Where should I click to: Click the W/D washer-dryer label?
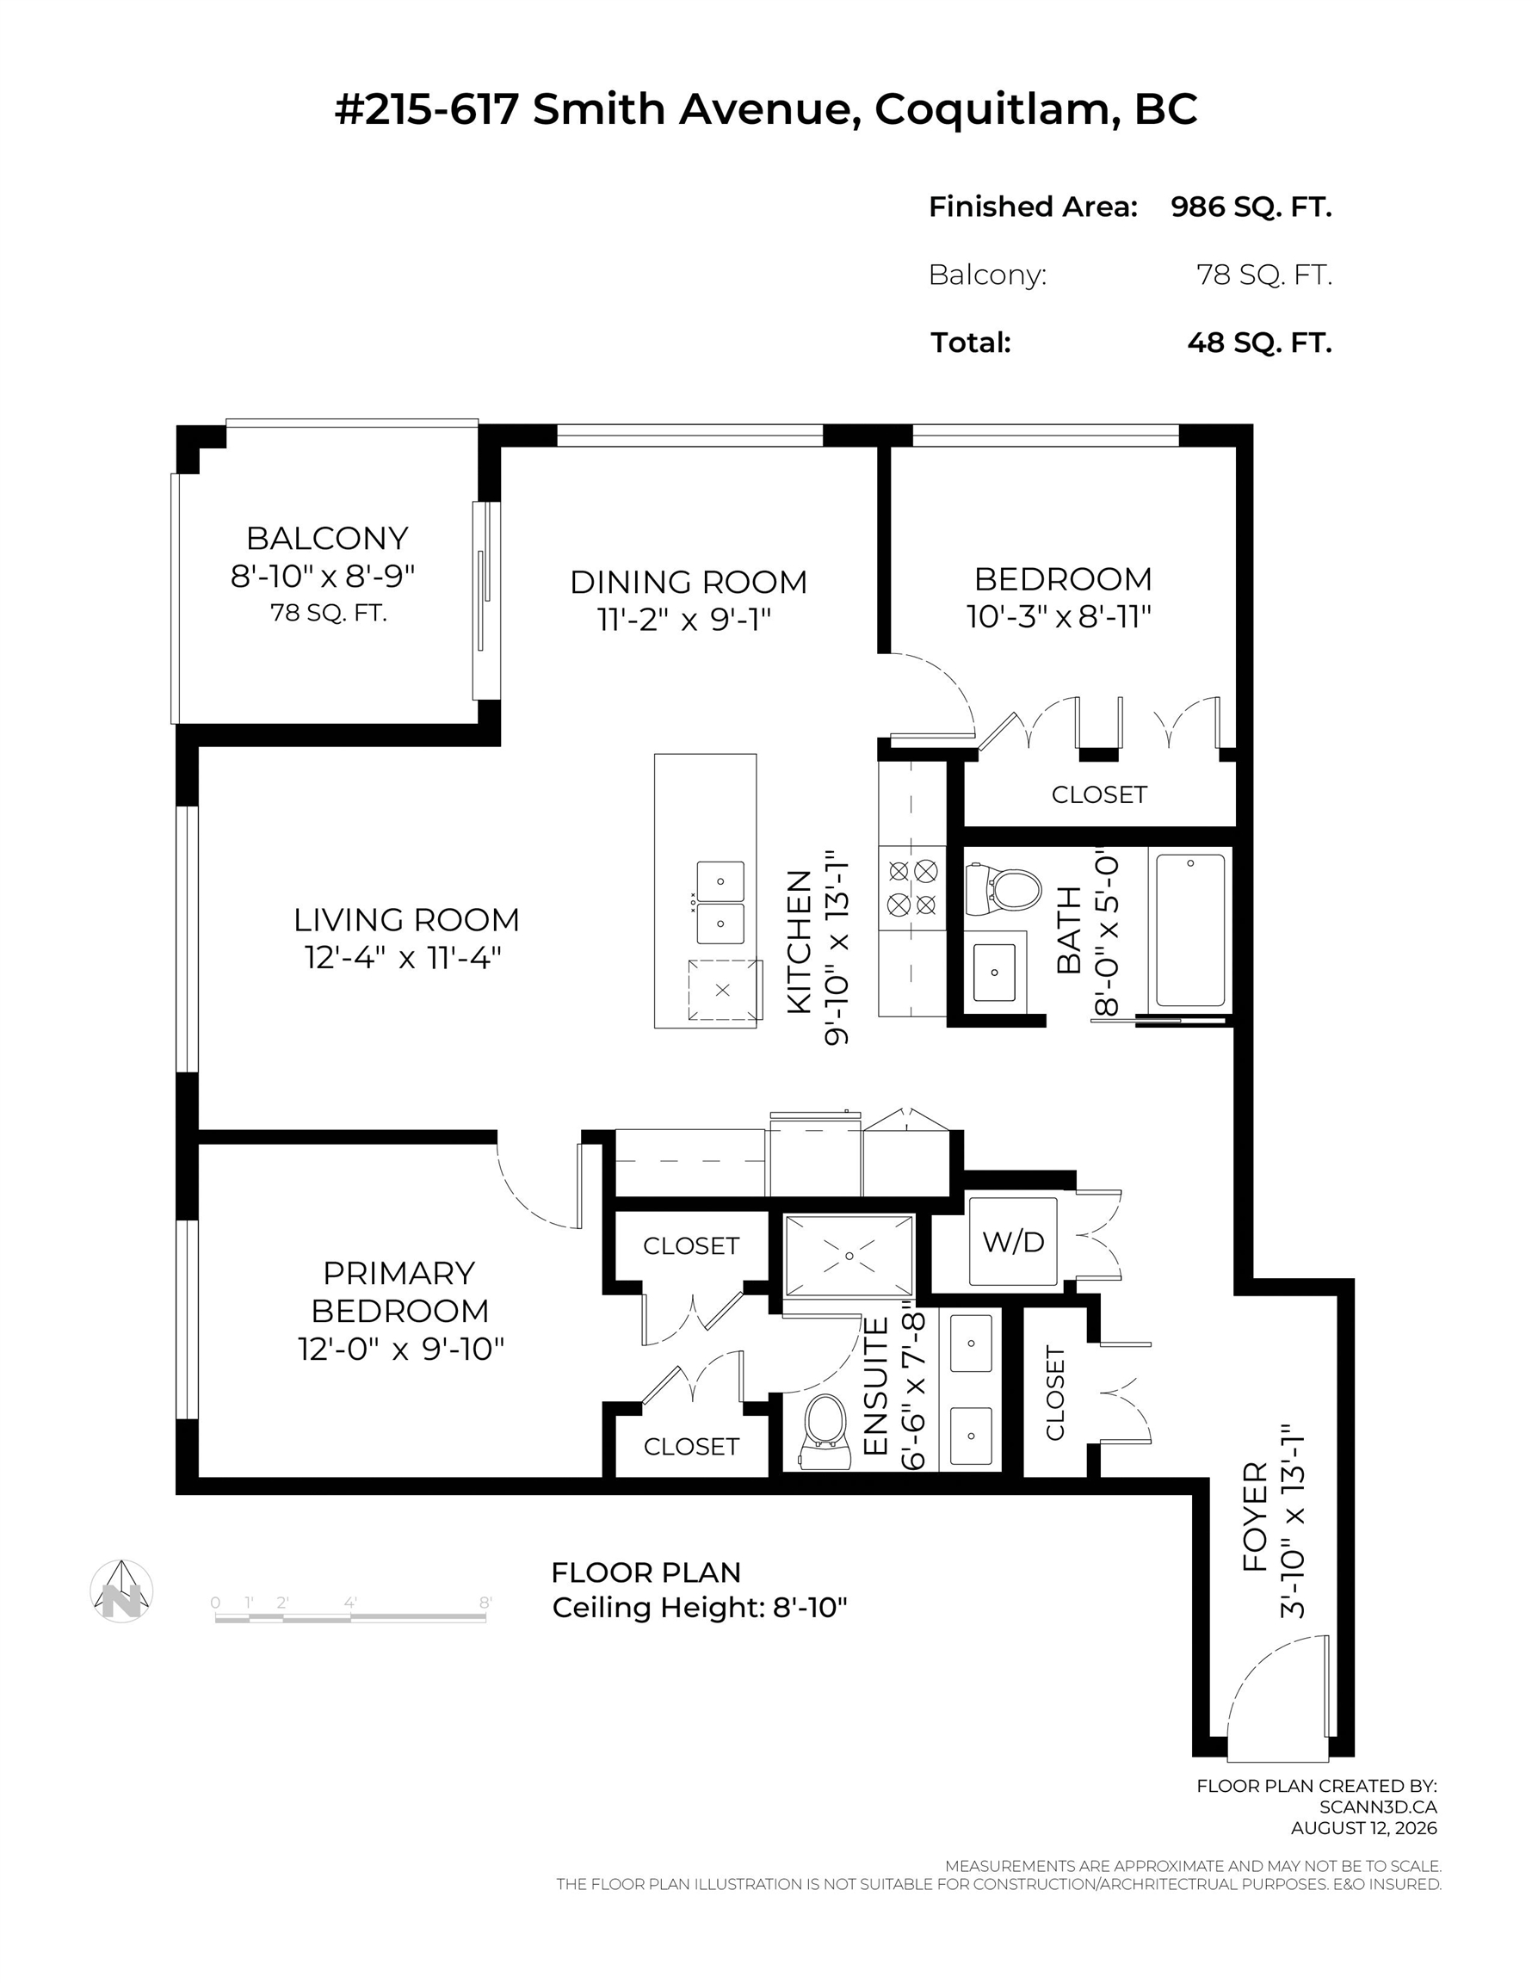click(1014, 1241)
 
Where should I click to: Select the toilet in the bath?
click(1003, 891)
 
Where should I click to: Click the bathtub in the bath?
click(1189, 930)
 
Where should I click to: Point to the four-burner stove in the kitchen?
click(911, 888)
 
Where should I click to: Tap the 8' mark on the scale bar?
click(485, 1603)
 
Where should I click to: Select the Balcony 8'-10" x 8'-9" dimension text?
click(323, 576)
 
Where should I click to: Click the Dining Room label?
click(689, 582)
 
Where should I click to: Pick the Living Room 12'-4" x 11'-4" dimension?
click(403, 957)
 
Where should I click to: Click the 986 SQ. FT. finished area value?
click(1251, 207)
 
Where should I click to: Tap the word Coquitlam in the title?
click(996, 110)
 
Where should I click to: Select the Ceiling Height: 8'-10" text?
click(699, 1608)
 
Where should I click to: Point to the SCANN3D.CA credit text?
click(1378, 1807)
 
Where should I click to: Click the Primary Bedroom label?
click(399, 1292)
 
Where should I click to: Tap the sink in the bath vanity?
click(994, 973)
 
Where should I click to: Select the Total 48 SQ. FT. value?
click(1258, 343)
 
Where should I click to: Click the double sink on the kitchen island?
click(720, 903)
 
